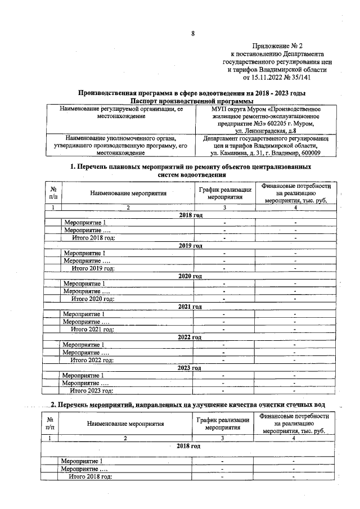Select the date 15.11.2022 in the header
[262, 78]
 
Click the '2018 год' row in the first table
[190, 215]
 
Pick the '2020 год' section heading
[190, 276]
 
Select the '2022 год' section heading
[189, 337]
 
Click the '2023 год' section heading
[189, 368]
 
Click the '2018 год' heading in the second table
[188, 446]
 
